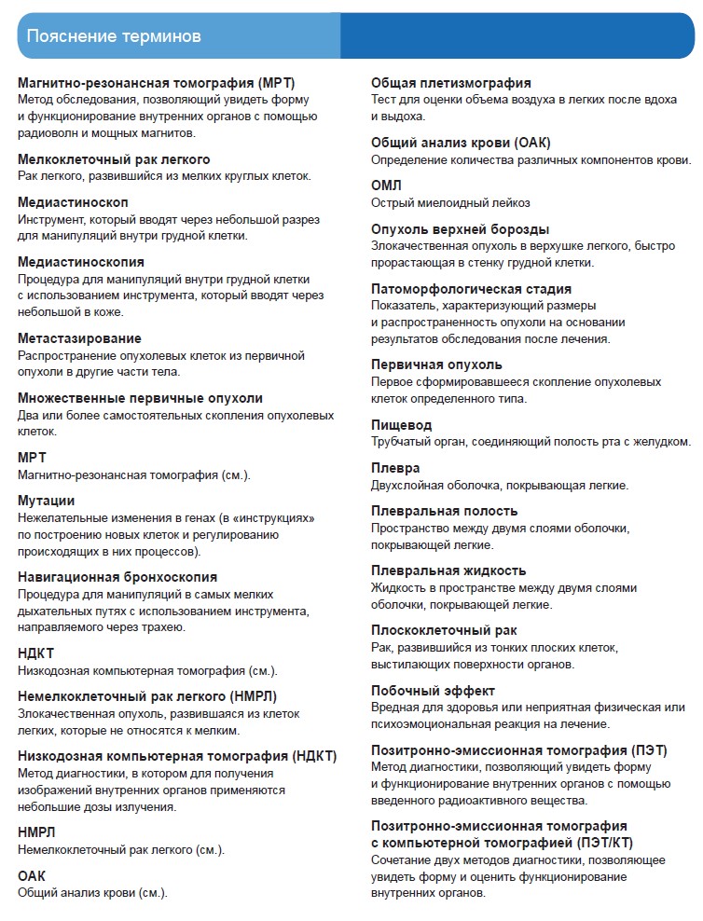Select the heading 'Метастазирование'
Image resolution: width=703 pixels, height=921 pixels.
[80, 338]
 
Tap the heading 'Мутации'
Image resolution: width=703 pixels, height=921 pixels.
[47, 501]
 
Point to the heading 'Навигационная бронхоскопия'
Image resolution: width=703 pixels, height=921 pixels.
[117, 577]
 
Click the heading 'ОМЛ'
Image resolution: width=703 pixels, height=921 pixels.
[387, 186]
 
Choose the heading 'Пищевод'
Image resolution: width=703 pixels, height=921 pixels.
[402, 425]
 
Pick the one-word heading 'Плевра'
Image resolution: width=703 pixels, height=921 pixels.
[395, 468]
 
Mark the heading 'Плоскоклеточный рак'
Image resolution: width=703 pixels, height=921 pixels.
[444, 630]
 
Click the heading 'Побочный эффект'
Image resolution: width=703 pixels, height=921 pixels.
[433, 691]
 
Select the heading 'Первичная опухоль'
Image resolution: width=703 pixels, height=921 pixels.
[436, 364]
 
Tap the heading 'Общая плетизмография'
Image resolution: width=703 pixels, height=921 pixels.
[451, 83]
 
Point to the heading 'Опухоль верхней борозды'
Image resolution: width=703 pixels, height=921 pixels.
[460, 229]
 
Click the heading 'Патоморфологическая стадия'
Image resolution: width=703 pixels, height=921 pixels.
[471, 289]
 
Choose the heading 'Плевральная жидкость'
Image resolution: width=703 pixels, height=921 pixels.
[448, 570]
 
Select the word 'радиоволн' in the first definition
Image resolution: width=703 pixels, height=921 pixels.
[47, 132]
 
